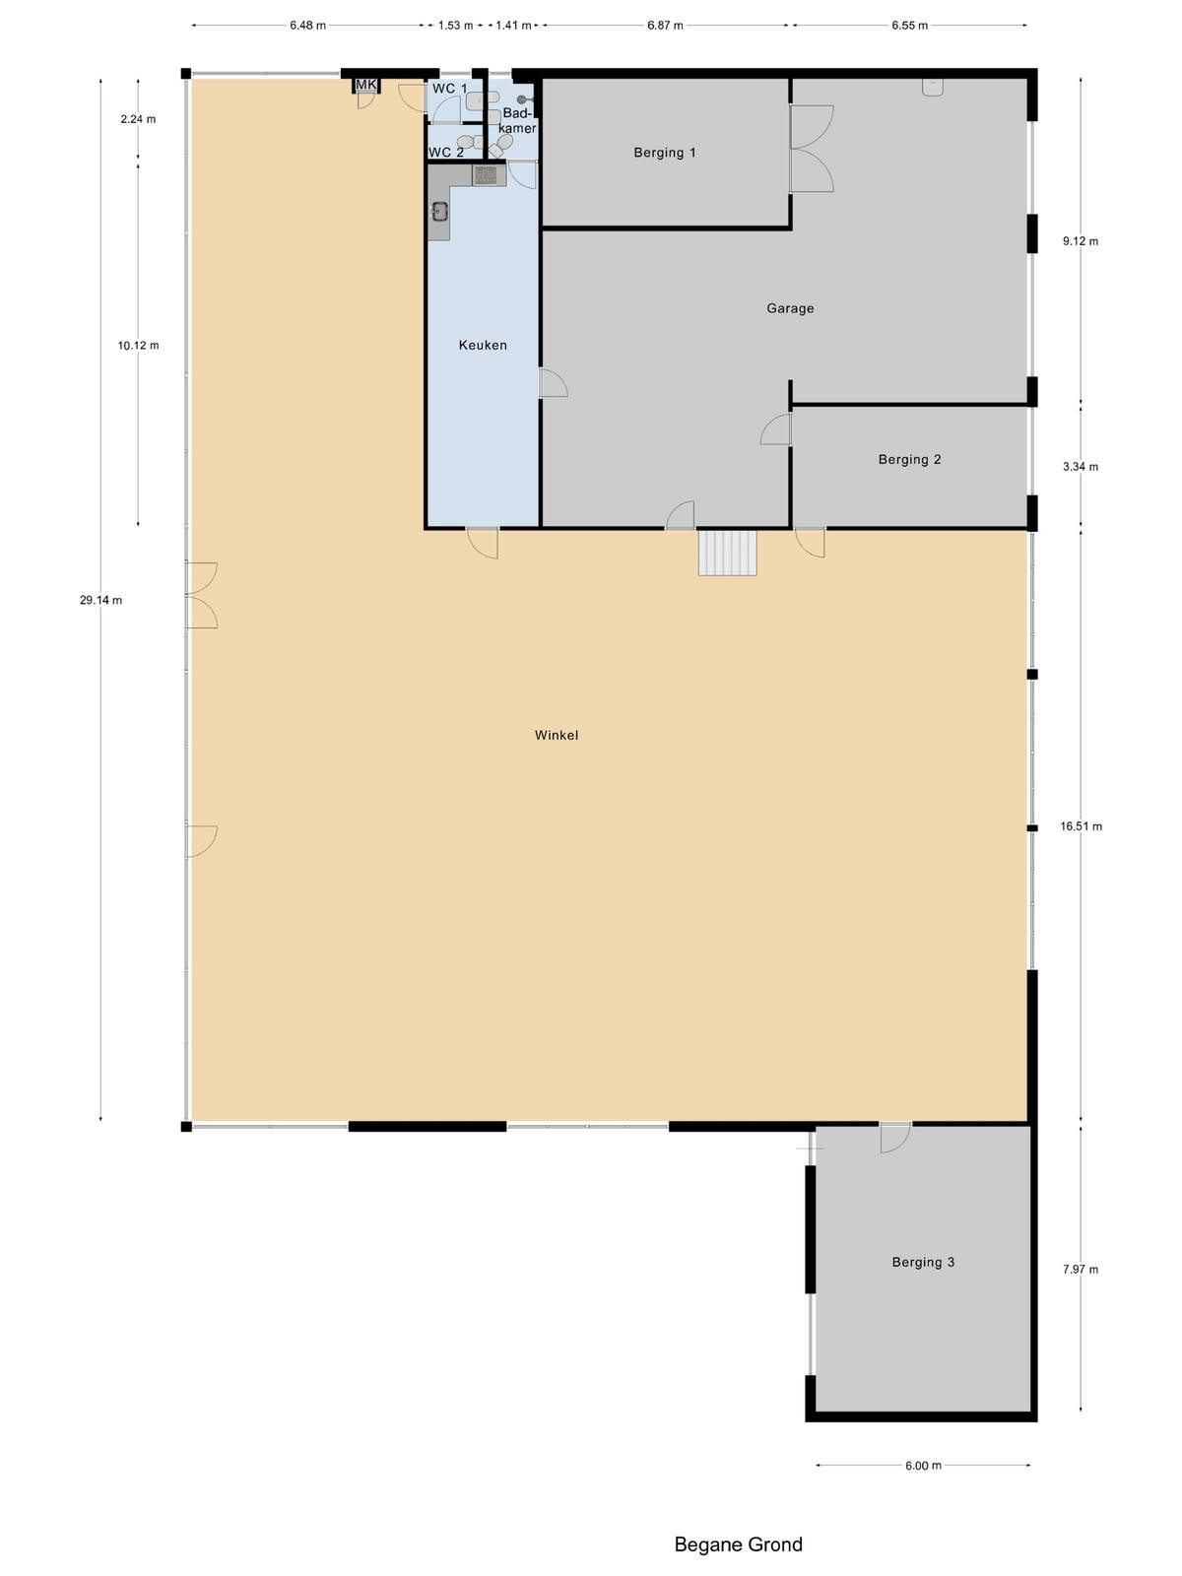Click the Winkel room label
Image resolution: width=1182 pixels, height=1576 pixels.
point(557,735)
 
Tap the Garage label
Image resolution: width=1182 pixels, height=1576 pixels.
point(790,308)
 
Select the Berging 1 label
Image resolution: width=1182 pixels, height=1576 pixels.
point(665,153)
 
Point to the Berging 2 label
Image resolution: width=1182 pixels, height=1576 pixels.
point(909,460)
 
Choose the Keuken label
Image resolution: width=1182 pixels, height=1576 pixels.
point(483,346)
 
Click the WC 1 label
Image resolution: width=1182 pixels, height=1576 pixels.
point(450,89)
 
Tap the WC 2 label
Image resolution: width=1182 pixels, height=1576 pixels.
point(446,153)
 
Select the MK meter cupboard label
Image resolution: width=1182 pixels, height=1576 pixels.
point(366,85)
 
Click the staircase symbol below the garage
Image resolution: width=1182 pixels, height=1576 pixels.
point(728,553)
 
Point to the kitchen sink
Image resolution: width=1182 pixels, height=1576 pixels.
point(438,211)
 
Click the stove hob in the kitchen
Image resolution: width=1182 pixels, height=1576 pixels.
point(485,174)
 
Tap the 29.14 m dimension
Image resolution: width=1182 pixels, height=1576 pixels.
point(101,600)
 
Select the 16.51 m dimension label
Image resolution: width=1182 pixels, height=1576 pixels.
point(1081,826)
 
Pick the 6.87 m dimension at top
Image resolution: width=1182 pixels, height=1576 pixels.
point(665,26)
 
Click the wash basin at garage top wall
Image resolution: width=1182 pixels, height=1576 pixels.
point(932,87)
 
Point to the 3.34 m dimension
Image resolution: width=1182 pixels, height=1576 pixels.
point(1081,467)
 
